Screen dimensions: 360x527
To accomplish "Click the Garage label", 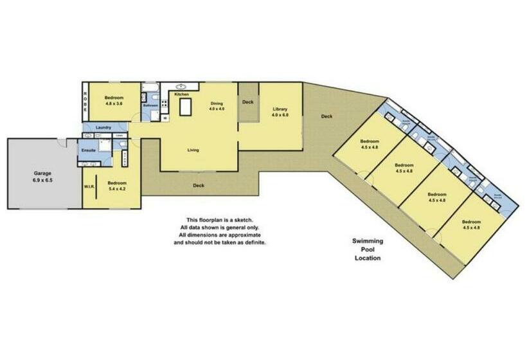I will (x=43, y=174).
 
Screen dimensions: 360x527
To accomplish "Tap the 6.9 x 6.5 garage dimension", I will (x=43, y=181).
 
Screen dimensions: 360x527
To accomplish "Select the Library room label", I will (x=279, y=109).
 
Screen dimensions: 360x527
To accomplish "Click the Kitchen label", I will (x=181, y=94).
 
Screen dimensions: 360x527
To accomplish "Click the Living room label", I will (x=193, y=150).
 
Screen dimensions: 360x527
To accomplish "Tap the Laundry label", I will (x=103, y=128).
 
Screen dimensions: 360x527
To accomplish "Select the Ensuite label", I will (x=88, y=150).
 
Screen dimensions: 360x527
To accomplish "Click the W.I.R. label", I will (x=89, y=187).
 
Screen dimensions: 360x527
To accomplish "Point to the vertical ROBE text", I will (x=85, y=101).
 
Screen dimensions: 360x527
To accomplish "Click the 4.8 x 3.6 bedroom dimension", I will (x=113, y=104).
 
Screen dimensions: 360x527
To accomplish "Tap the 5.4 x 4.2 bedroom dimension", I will (x=117, y=189).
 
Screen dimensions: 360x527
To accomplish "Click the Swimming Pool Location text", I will (x=368, y=249).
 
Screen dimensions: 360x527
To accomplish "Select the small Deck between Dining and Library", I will (x=247, y=102).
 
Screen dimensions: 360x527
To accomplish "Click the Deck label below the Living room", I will (x=199, y=186).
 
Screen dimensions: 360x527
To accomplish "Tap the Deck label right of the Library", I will (x=326, y=116).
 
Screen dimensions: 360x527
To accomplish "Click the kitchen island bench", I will (x=186, y=107).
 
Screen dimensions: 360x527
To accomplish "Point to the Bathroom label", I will (x=150, y=105).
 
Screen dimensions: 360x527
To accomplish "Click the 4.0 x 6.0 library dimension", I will (x=280, y=115).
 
